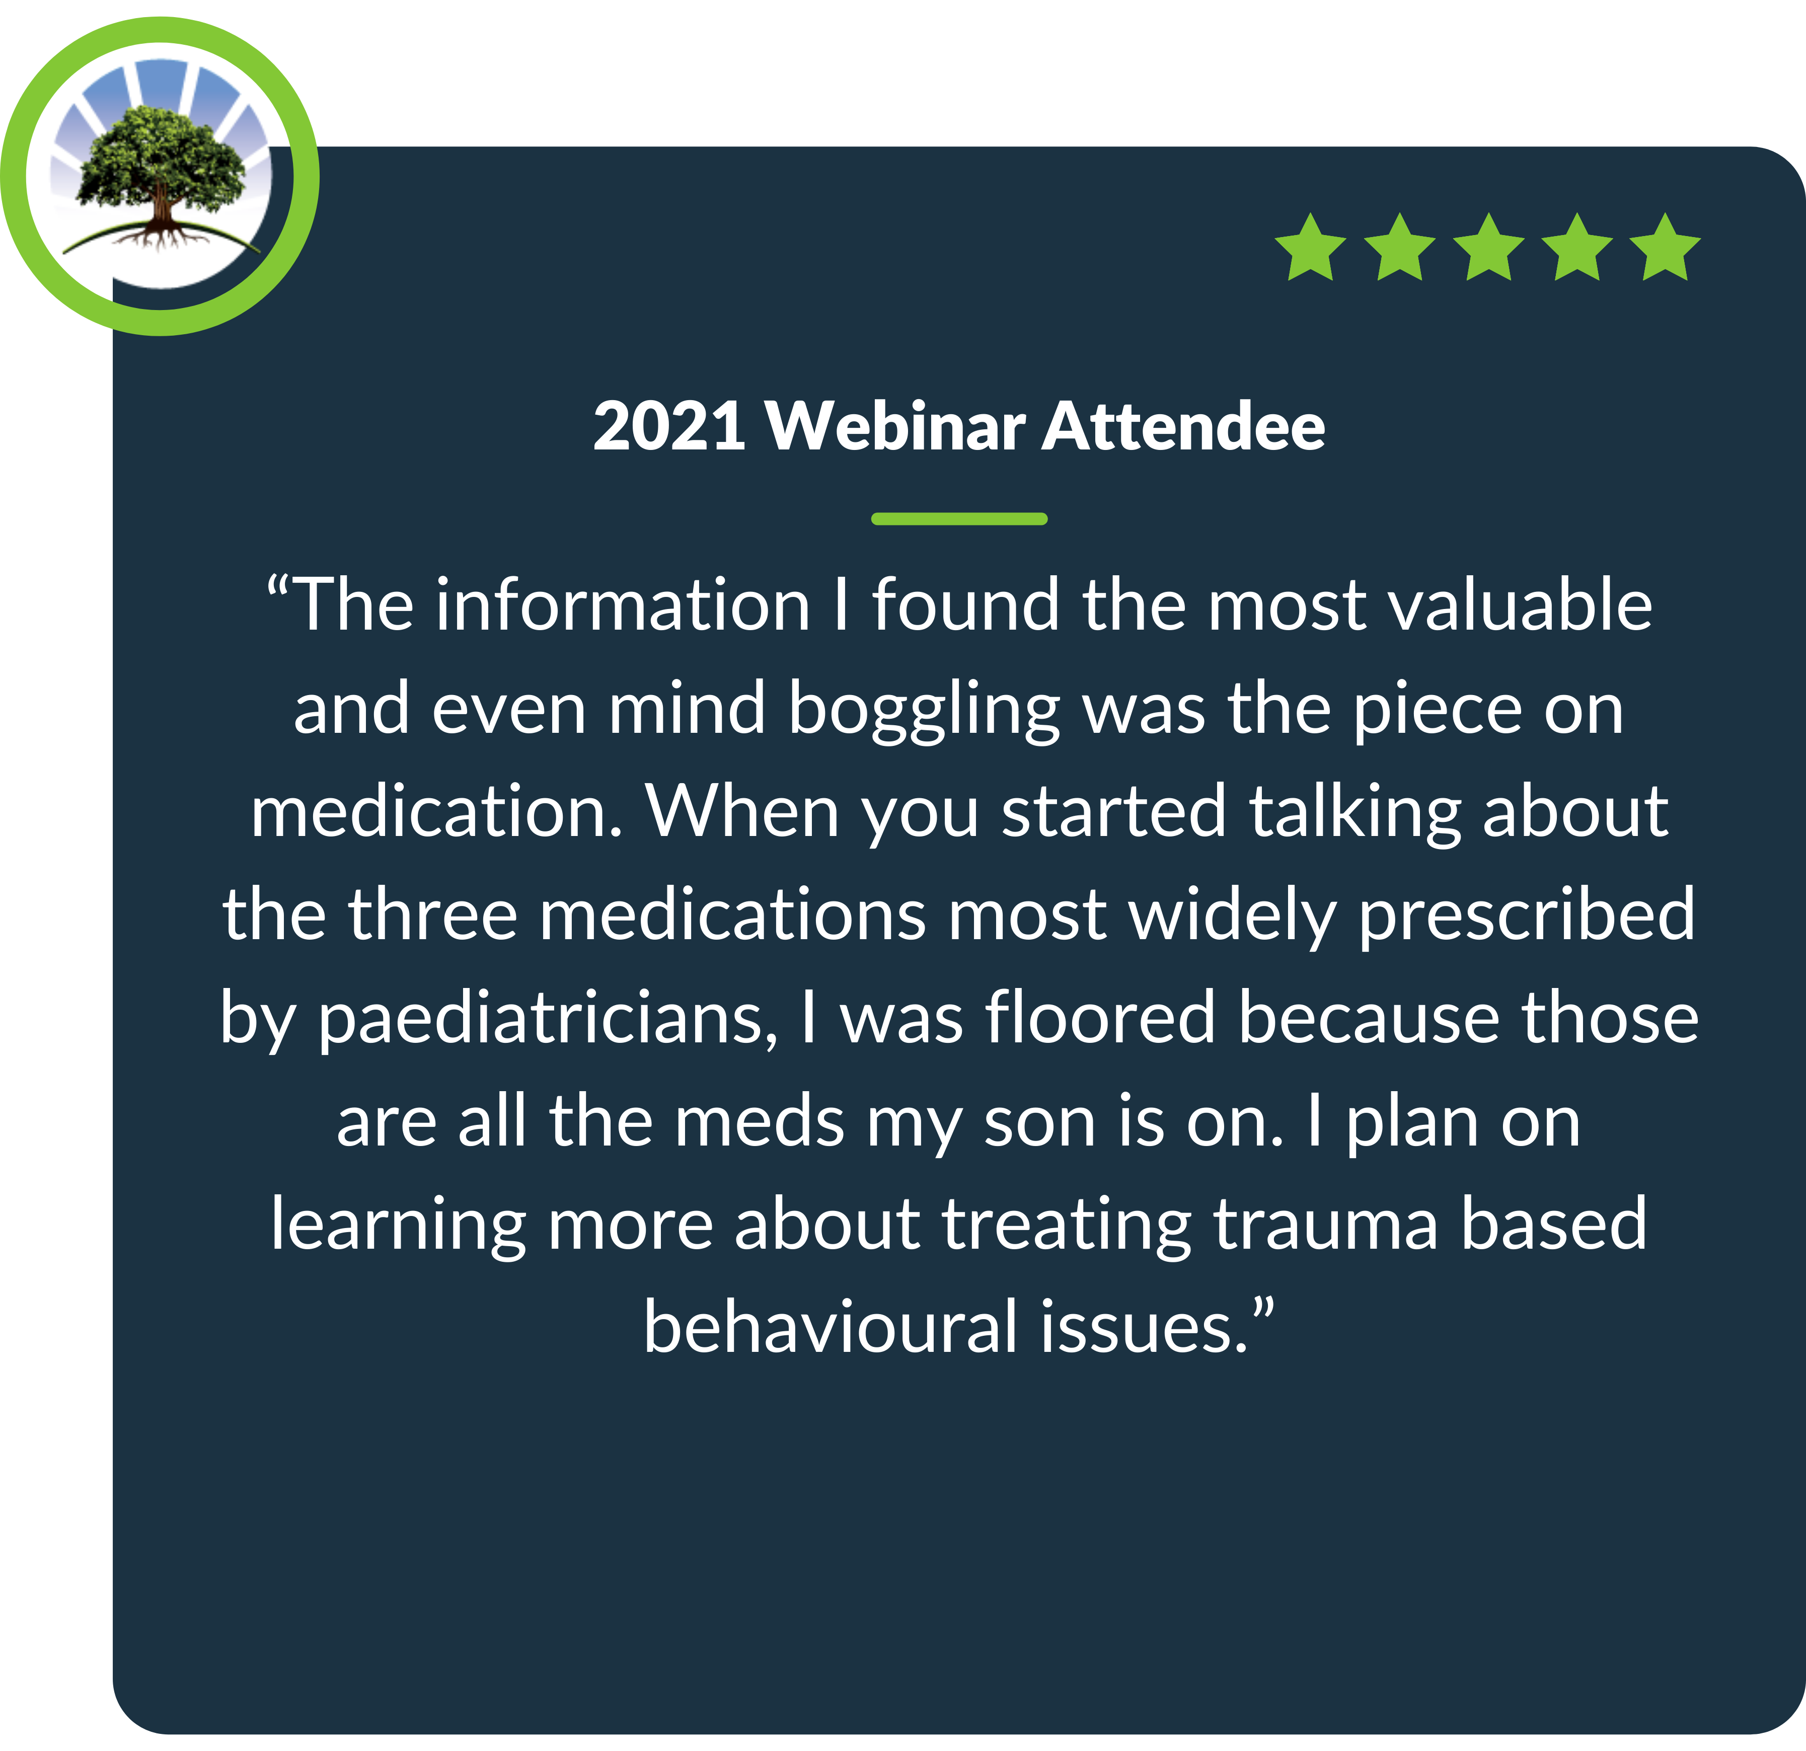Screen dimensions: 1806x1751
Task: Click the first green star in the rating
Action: [1310, 247]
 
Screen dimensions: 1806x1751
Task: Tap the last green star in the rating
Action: [1665, 247]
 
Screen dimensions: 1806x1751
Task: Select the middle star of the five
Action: [1488, 247]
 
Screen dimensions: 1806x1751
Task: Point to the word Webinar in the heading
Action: [895, 427]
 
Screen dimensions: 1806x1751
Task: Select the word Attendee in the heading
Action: [1183, 427]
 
